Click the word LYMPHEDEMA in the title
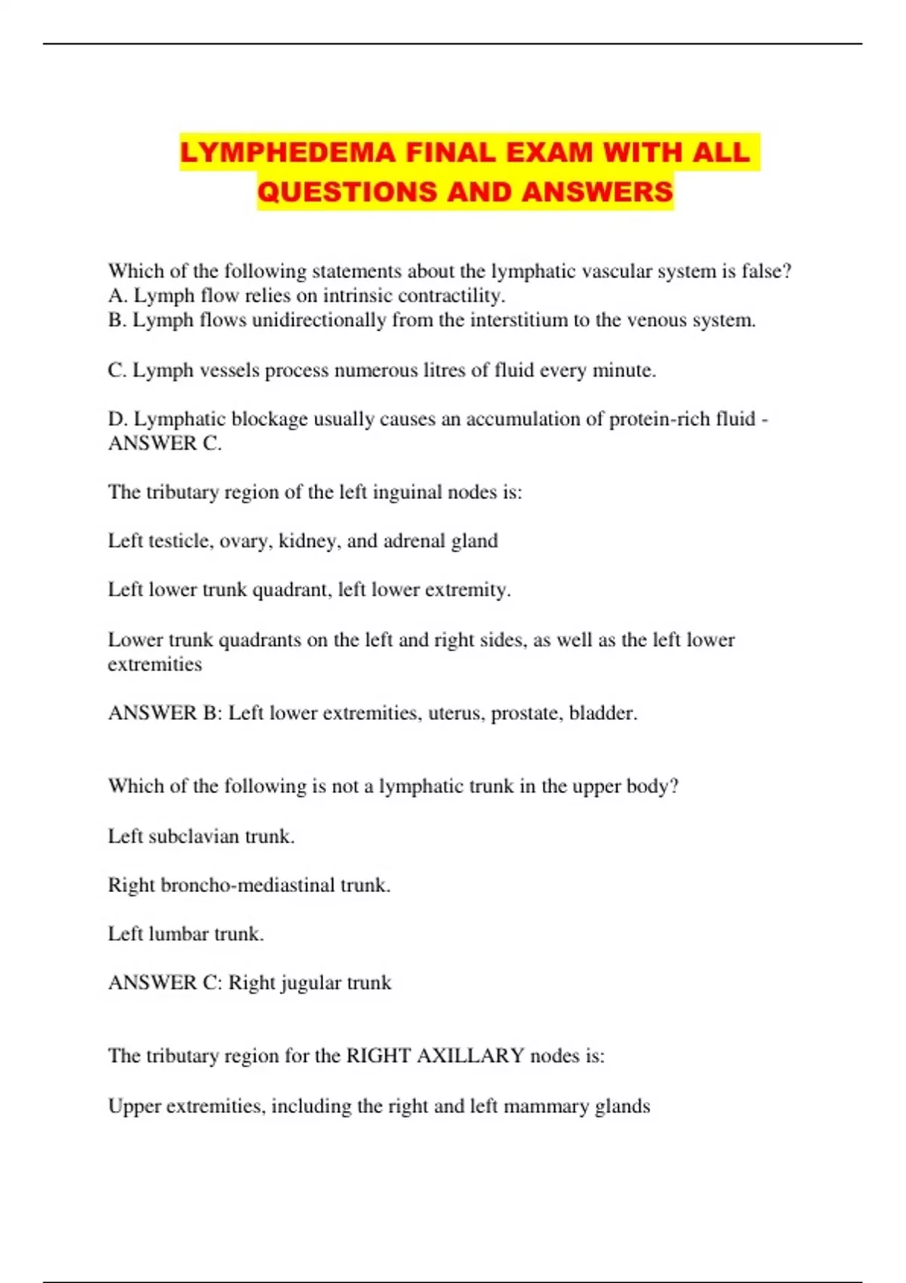pos(288,152)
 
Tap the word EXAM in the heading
pos(550,152)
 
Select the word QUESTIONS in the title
pos(347,192)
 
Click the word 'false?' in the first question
pos(766,271)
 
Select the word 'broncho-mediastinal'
pos(248,885)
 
